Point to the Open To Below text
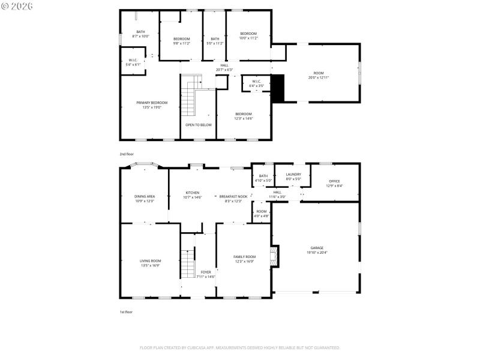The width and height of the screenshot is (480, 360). coord(198,125)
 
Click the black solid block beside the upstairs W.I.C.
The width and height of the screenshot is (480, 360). coord(278,88)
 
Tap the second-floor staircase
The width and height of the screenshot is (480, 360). coord(191,96)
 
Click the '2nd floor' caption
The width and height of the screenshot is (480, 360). coord(126,154)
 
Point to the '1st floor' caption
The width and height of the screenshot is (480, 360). coord(126,312)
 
